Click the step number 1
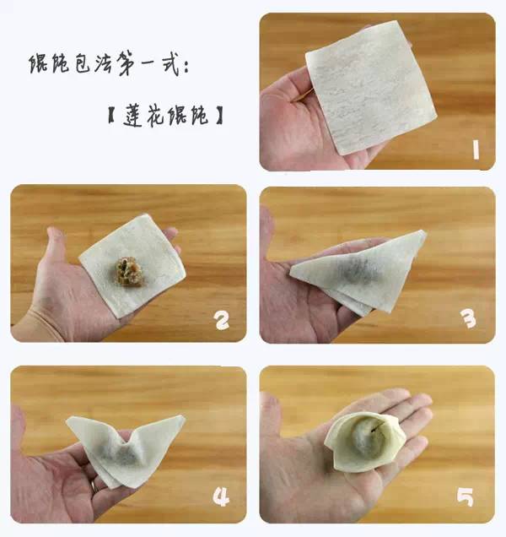click(x=476, y=150)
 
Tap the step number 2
click(x=222, y=320)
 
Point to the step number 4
click(x=221, y=497)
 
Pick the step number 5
click(x=466, y=497)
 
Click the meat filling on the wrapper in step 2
click(x=129, y=272)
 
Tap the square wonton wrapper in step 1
click(x=371, y=88)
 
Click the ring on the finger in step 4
click(x=93, y=485)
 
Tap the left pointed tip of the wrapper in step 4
click(x=68, y=420)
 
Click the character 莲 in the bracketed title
click(x=132, y=116)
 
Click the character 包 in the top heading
click(x=83, y=63)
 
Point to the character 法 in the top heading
click(x=103, y=62)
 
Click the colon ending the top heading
click(x=186, y=68)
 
